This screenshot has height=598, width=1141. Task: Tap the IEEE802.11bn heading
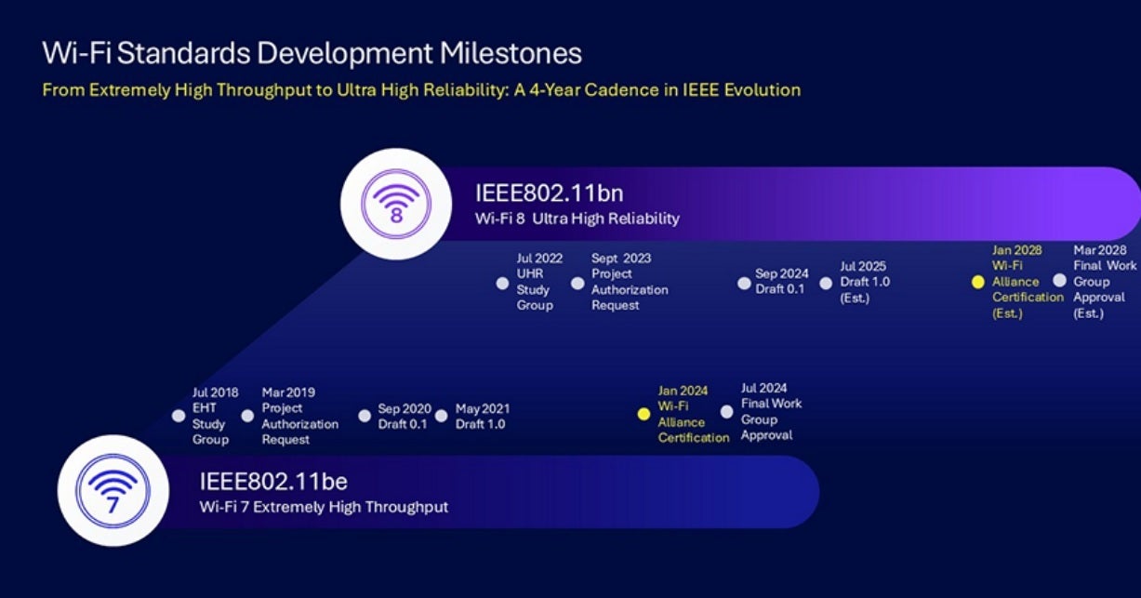[x=549, y=193]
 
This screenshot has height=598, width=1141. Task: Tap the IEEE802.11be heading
[x=272, y=482]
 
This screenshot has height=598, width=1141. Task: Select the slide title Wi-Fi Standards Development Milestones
[x=312, y=52]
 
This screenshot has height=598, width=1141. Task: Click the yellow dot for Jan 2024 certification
[x=643, y=415]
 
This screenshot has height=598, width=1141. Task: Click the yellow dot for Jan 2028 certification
[x=977, y=282]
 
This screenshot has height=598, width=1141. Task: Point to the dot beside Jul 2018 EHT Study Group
[x=179, y=416]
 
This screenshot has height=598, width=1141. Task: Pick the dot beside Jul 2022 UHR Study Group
[x=502, y=283]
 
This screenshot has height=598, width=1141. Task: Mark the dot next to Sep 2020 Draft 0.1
[x=365, y=416]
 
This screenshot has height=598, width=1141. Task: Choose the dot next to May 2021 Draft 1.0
[x=441, y=416]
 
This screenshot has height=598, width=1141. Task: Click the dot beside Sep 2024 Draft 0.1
[x=744, y=283]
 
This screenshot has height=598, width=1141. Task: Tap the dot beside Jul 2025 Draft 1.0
[x=826, y=283]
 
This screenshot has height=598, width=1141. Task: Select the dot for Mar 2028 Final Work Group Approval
[x=1059, y=280]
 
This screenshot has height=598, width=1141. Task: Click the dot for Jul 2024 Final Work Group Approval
[x=726, y=412]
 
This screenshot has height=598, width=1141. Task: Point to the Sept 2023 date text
[x=620, y=259]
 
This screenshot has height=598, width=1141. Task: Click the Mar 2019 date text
[x=288, y=392]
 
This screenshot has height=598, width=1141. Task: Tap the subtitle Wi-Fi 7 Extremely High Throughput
[x=324, y=508]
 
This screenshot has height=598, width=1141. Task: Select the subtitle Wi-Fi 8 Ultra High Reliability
[x=577, y=219]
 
